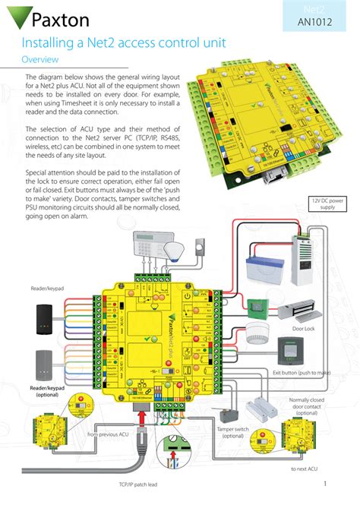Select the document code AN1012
[x=313, y=22]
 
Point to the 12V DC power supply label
[x=327, y=203]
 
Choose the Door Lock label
[x=303, y=330]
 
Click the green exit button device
[x=288, y=351]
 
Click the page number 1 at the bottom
[x=324, y=484]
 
